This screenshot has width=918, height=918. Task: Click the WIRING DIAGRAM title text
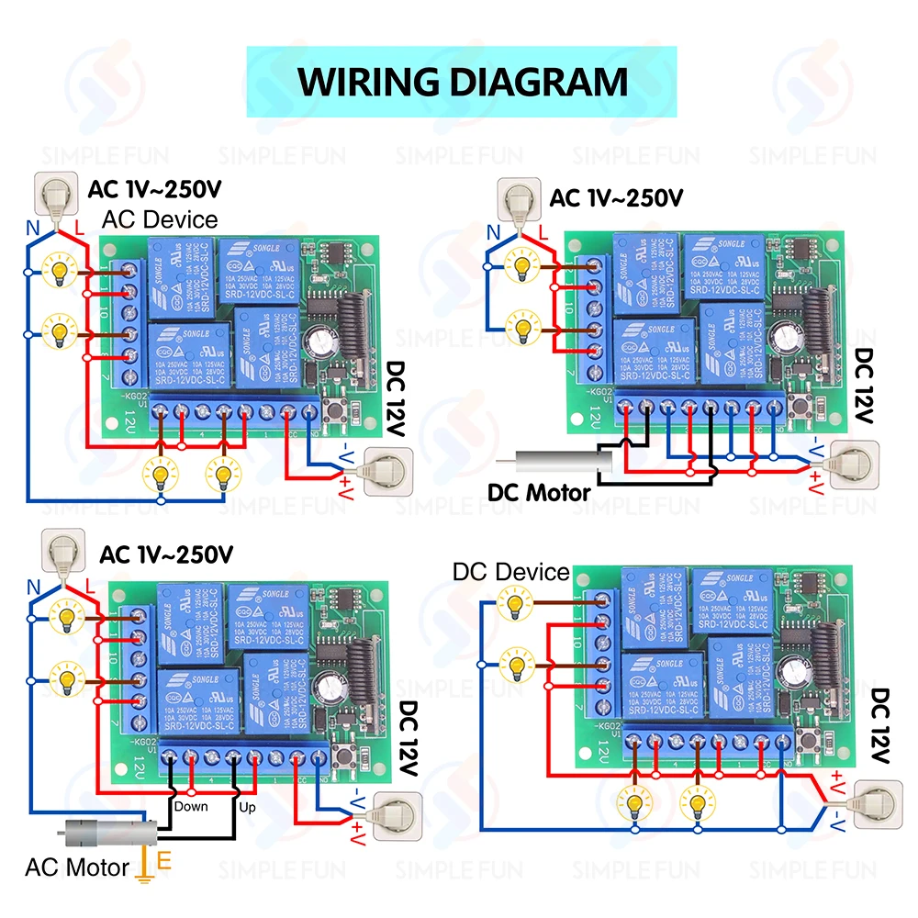coord(462,81)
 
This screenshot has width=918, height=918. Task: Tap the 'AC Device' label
coord(159,220)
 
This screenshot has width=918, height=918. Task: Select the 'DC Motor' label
coord(539,493)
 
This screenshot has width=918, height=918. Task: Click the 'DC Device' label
coord(510,572)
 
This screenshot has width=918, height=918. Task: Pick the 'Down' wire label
coord(190,807)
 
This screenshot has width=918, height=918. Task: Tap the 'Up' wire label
coord(247,807)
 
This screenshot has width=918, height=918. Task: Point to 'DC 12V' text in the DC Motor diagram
coord(864,386)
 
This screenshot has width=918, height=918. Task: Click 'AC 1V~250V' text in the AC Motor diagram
coord(165,554)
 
